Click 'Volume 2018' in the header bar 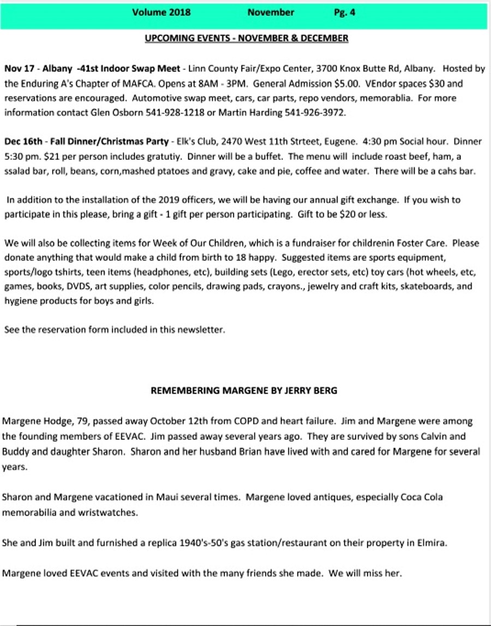[161, 13]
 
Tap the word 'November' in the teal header [271, 13]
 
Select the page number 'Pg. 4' [345, 13]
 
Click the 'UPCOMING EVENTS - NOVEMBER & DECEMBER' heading [247, 38]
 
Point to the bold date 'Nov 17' [20, 69]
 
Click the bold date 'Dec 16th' [24, 142]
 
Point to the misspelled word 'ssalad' [17, 171]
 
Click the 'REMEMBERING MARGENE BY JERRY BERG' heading [244, 391]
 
